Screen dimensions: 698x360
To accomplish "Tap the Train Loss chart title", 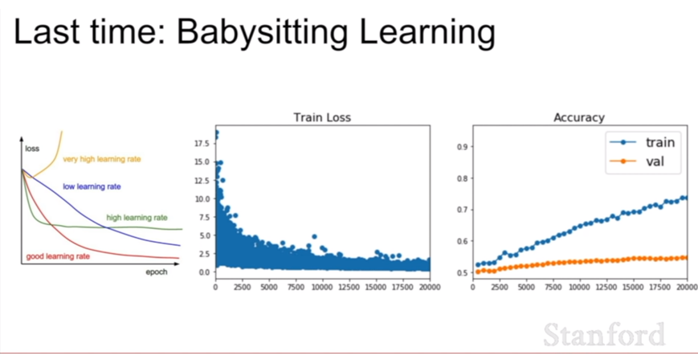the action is coord(322,117).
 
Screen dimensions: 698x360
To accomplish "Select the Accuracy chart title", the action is coord(578,117).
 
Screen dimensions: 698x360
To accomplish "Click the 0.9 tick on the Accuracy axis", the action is coord(463,146).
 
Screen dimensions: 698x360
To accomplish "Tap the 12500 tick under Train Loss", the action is coord(354,288).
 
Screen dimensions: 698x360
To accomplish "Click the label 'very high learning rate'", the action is coord(102,159).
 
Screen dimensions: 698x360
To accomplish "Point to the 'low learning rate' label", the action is coord(92,186).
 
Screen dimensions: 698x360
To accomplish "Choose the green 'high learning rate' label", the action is coord(137,218).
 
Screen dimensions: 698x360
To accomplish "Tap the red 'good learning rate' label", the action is coord(58,256).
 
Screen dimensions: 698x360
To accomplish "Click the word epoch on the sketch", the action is coord(157,272).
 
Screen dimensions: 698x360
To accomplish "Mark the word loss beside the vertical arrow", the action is coord(32,149).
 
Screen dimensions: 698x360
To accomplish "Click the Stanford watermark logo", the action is coord(604,334).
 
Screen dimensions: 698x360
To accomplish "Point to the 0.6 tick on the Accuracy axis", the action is coord(463,241).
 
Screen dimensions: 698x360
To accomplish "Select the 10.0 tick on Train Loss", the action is coord(202,198).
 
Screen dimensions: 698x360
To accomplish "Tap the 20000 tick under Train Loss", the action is coord(429,288).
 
